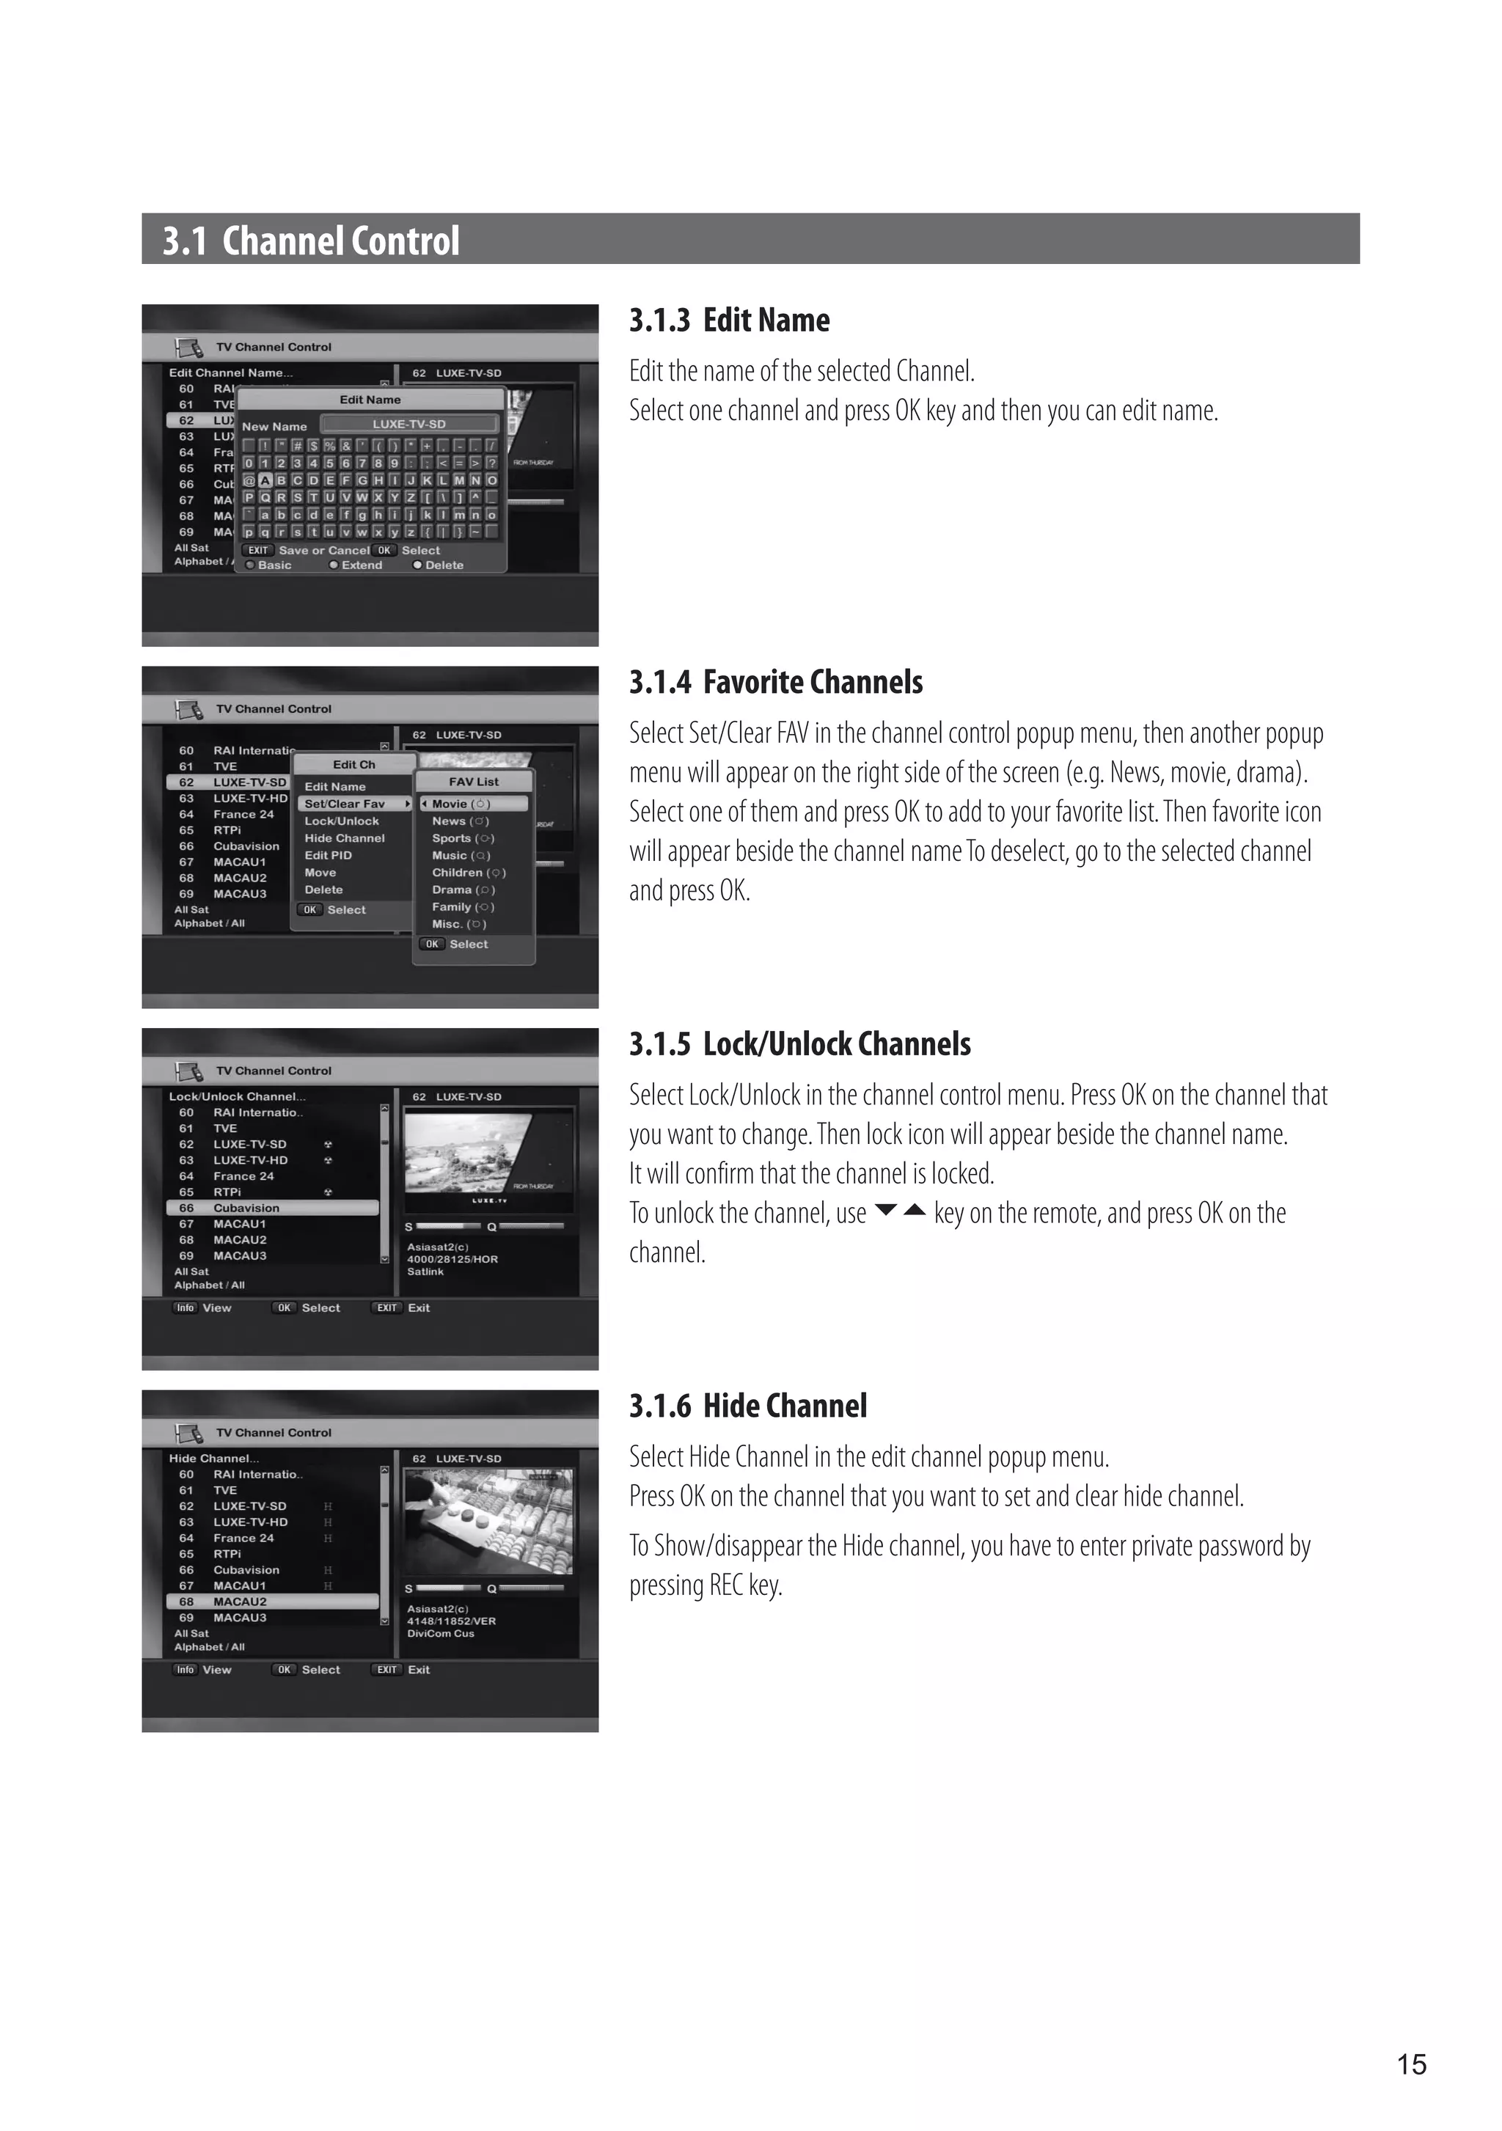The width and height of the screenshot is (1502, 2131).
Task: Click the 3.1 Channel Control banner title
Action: click(311, 241)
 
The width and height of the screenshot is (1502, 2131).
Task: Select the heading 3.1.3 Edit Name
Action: click(729, 320)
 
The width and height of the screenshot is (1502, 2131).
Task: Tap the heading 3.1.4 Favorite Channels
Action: click(775, 682)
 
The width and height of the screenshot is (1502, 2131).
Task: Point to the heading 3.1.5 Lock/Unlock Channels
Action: click(799, 1044)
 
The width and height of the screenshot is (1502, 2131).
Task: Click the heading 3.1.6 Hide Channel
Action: click(747, 1406)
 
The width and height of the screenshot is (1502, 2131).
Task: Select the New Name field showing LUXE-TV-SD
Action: click(409, 424)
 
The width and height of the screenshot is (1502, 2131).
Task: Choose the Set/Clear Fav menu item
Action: click(345, 804)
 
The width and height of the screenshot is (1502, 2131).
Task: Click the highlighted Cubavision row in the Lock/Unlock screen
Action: click(272, 1208)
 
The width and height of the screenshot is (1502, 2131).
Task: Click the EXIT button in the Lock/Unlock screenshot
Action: click(387, 1307)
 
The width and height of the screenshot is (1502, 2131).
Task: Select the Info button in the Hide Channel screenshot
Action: click(186, 1670)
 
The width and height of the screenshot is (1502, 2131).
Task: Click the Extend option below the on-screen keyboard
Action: click(361, 565)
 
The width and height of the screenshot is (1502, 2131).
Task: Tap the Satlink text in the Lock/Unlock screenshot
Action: click(425, 1272)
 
